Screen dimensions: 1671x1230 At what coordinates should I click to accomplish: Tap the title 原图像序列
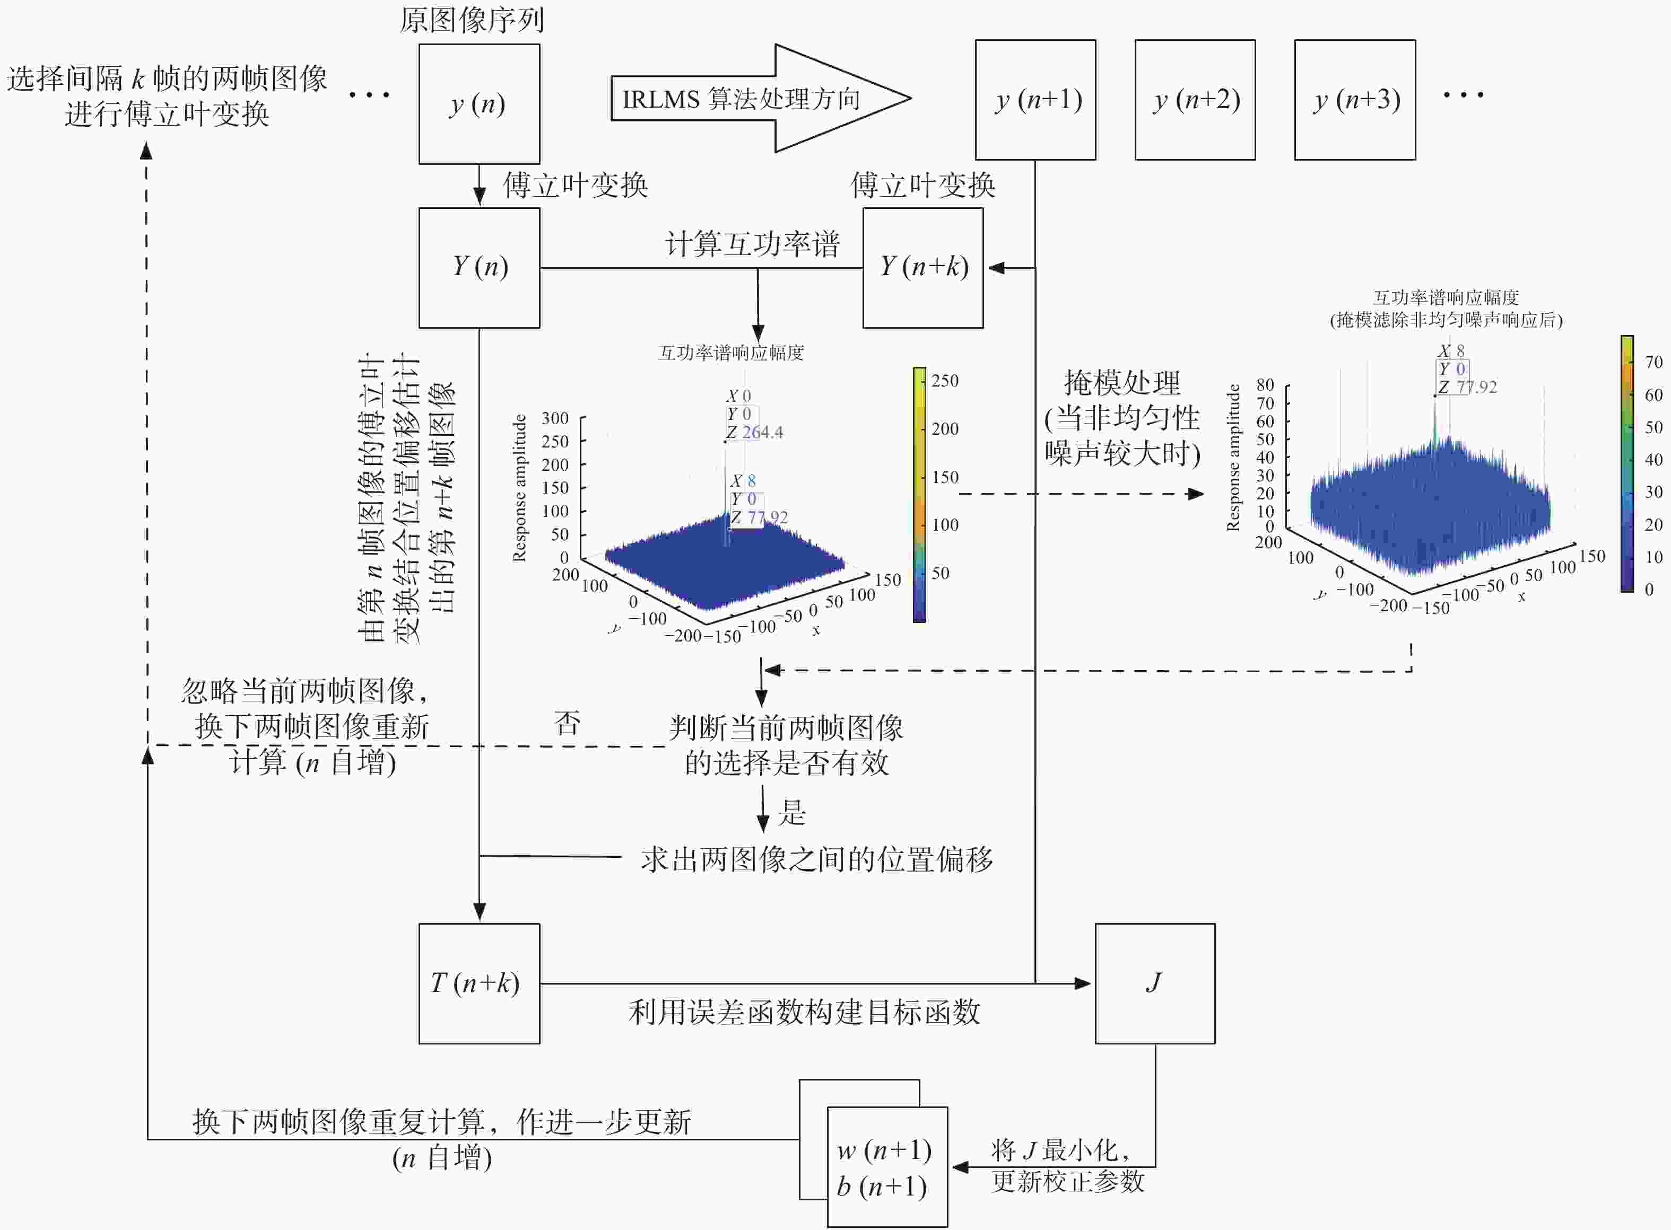click(x=472, y=20)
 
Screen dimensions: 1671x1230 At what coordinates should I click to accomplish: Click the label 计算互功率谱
click(x=752, y=243)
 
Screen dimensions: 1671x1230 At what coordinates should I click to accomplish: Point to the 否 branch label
click(x=567, y=722)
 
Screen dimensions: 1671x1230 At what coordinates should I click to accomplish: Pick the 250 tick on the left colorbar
click(x=945, y=381)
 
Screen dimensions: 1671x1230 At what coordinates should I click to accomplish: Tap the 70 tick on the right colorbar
click(x=1653, y=362)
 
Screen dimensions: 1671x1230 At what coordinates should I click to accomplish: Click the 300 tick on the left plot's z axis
click(x=555, y=418)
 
